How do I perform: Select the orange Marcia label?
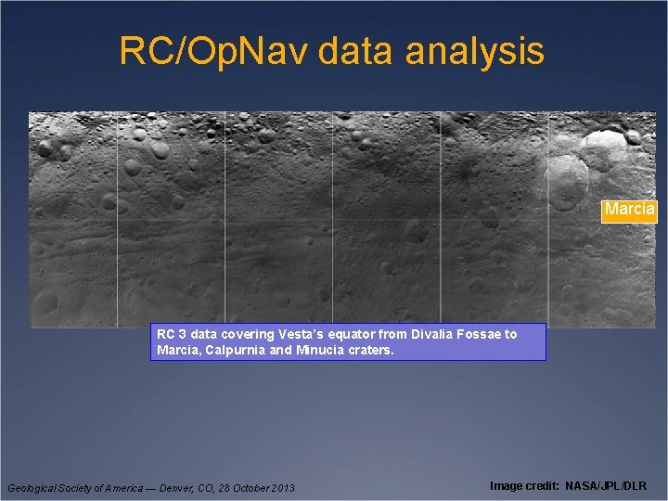[x=629, y=210]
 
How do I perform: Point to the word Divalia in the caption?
[x=433, y=334]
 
